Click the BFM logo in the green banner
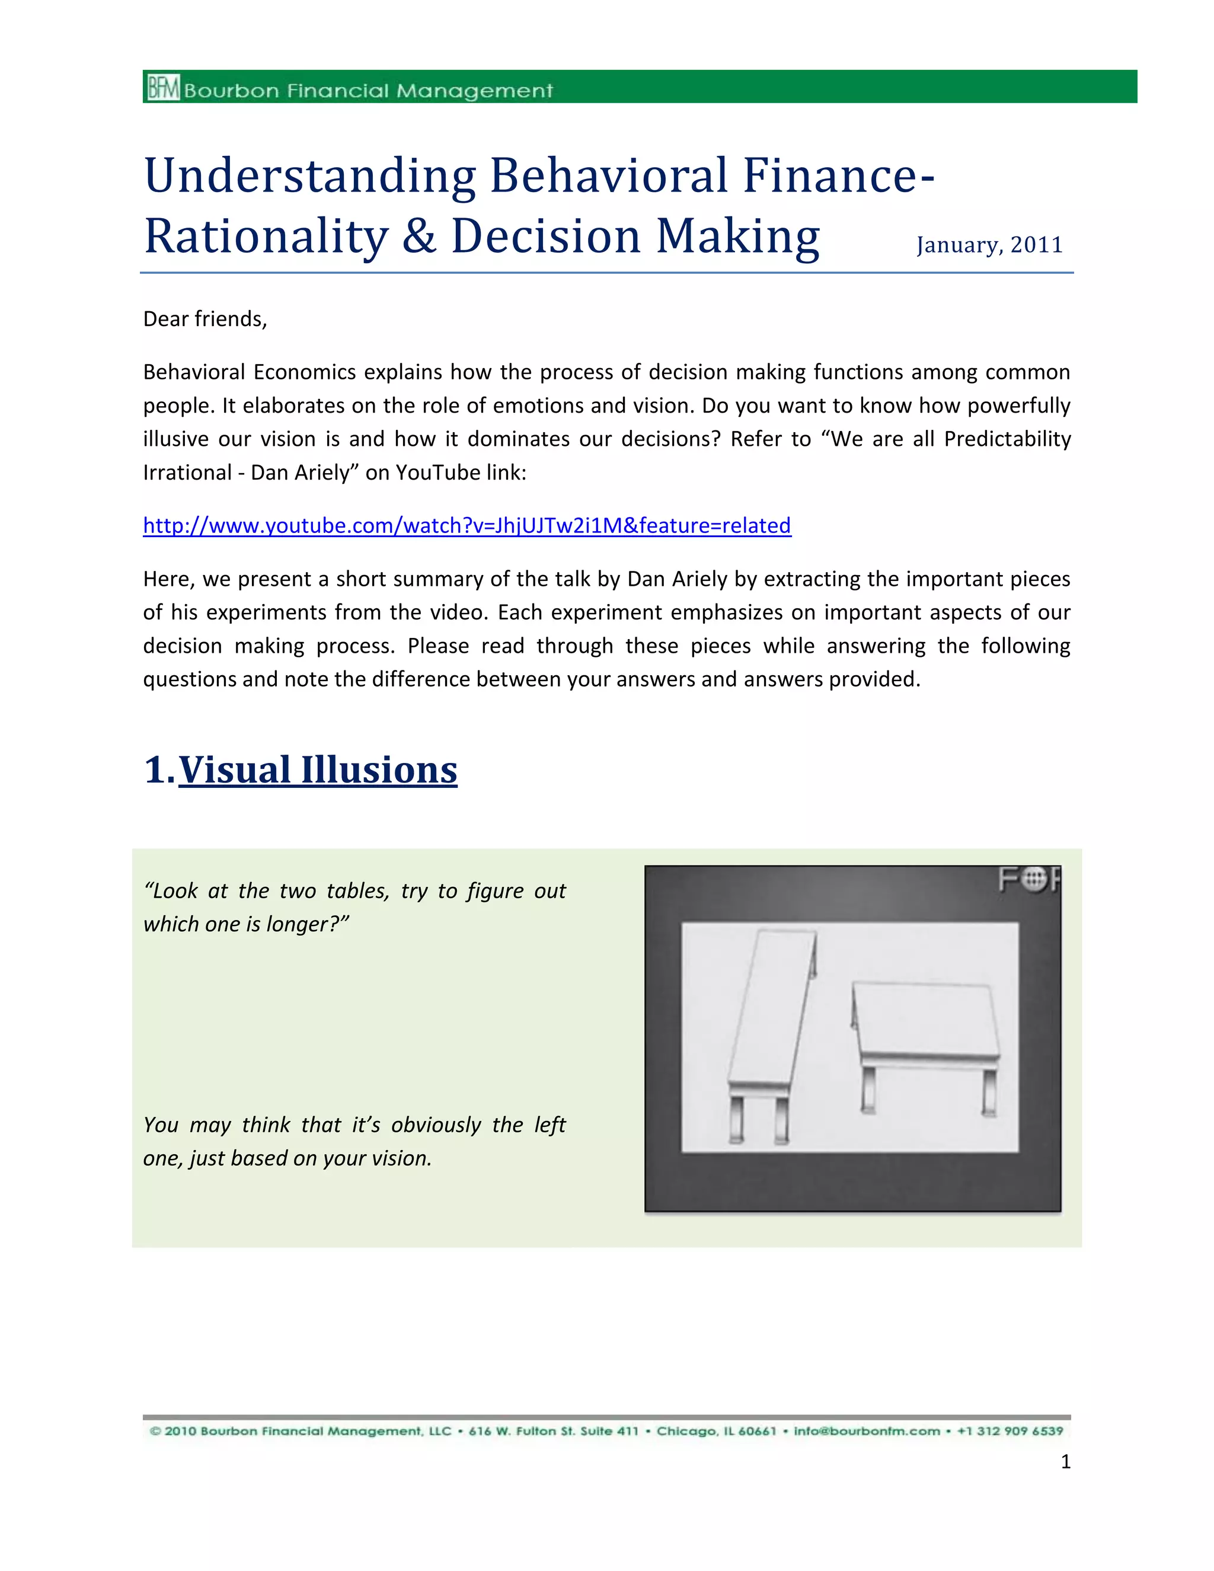tap(163, 88)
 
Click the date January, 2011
tap(989, 245)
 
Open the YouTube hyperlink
tap(467, 526)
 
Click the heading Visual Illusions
tap(317, 771)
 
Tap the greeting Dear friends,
tap(205, 319)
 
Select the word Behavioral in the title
tap(608, 175)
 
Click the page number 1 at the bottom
tap(1065, 1462)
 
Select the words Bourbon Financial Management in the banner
tap(368, 91)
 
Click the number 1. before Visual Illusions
tap(159, 771)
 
